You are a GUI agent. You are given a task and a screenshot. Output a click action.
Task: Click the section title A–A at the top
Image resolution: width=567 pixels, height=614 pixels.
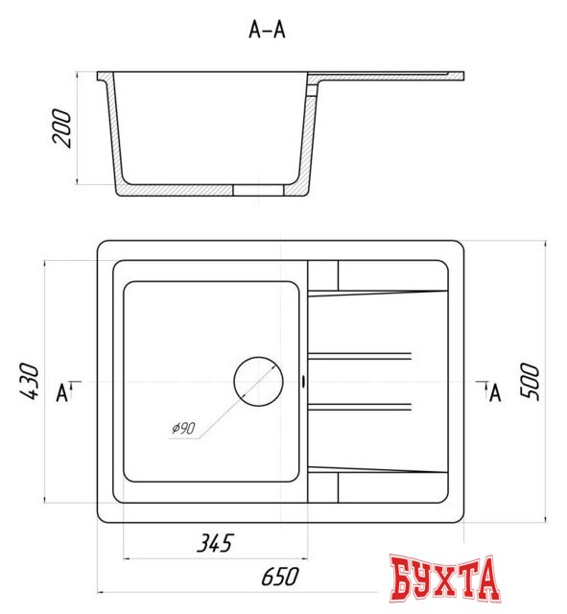[x=267, y=30]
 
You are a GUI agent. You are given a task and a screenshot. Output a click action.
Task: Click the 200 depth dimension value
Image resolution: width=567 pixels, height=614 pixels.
[x=64, y=127]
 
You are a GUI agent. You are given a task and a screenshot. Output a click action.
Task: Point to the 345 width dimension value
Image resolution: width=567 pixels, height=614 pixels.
[x=213, y=544]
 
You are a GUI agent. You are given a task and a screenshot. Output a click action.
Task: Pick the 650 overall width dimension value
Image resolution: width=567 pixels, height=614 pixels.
[x=279, y=576]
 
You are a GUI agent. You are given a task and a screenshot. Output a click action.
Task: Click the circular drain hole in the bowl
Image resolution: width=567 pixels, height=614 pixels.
[x=259, y=381]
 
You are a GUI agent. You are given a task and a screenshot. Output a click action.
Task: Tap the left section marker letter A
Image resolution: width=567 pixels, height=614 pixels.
[x=62, y=392]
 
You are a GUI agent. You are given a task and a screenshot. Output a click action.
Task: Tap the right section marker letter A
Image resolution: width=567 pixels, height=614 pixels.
[x=495, y=392]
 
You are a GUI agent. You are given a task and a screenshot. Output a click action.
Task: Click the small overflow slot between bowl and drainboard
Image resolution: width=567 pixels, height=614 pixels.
[x=304, y=381]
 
